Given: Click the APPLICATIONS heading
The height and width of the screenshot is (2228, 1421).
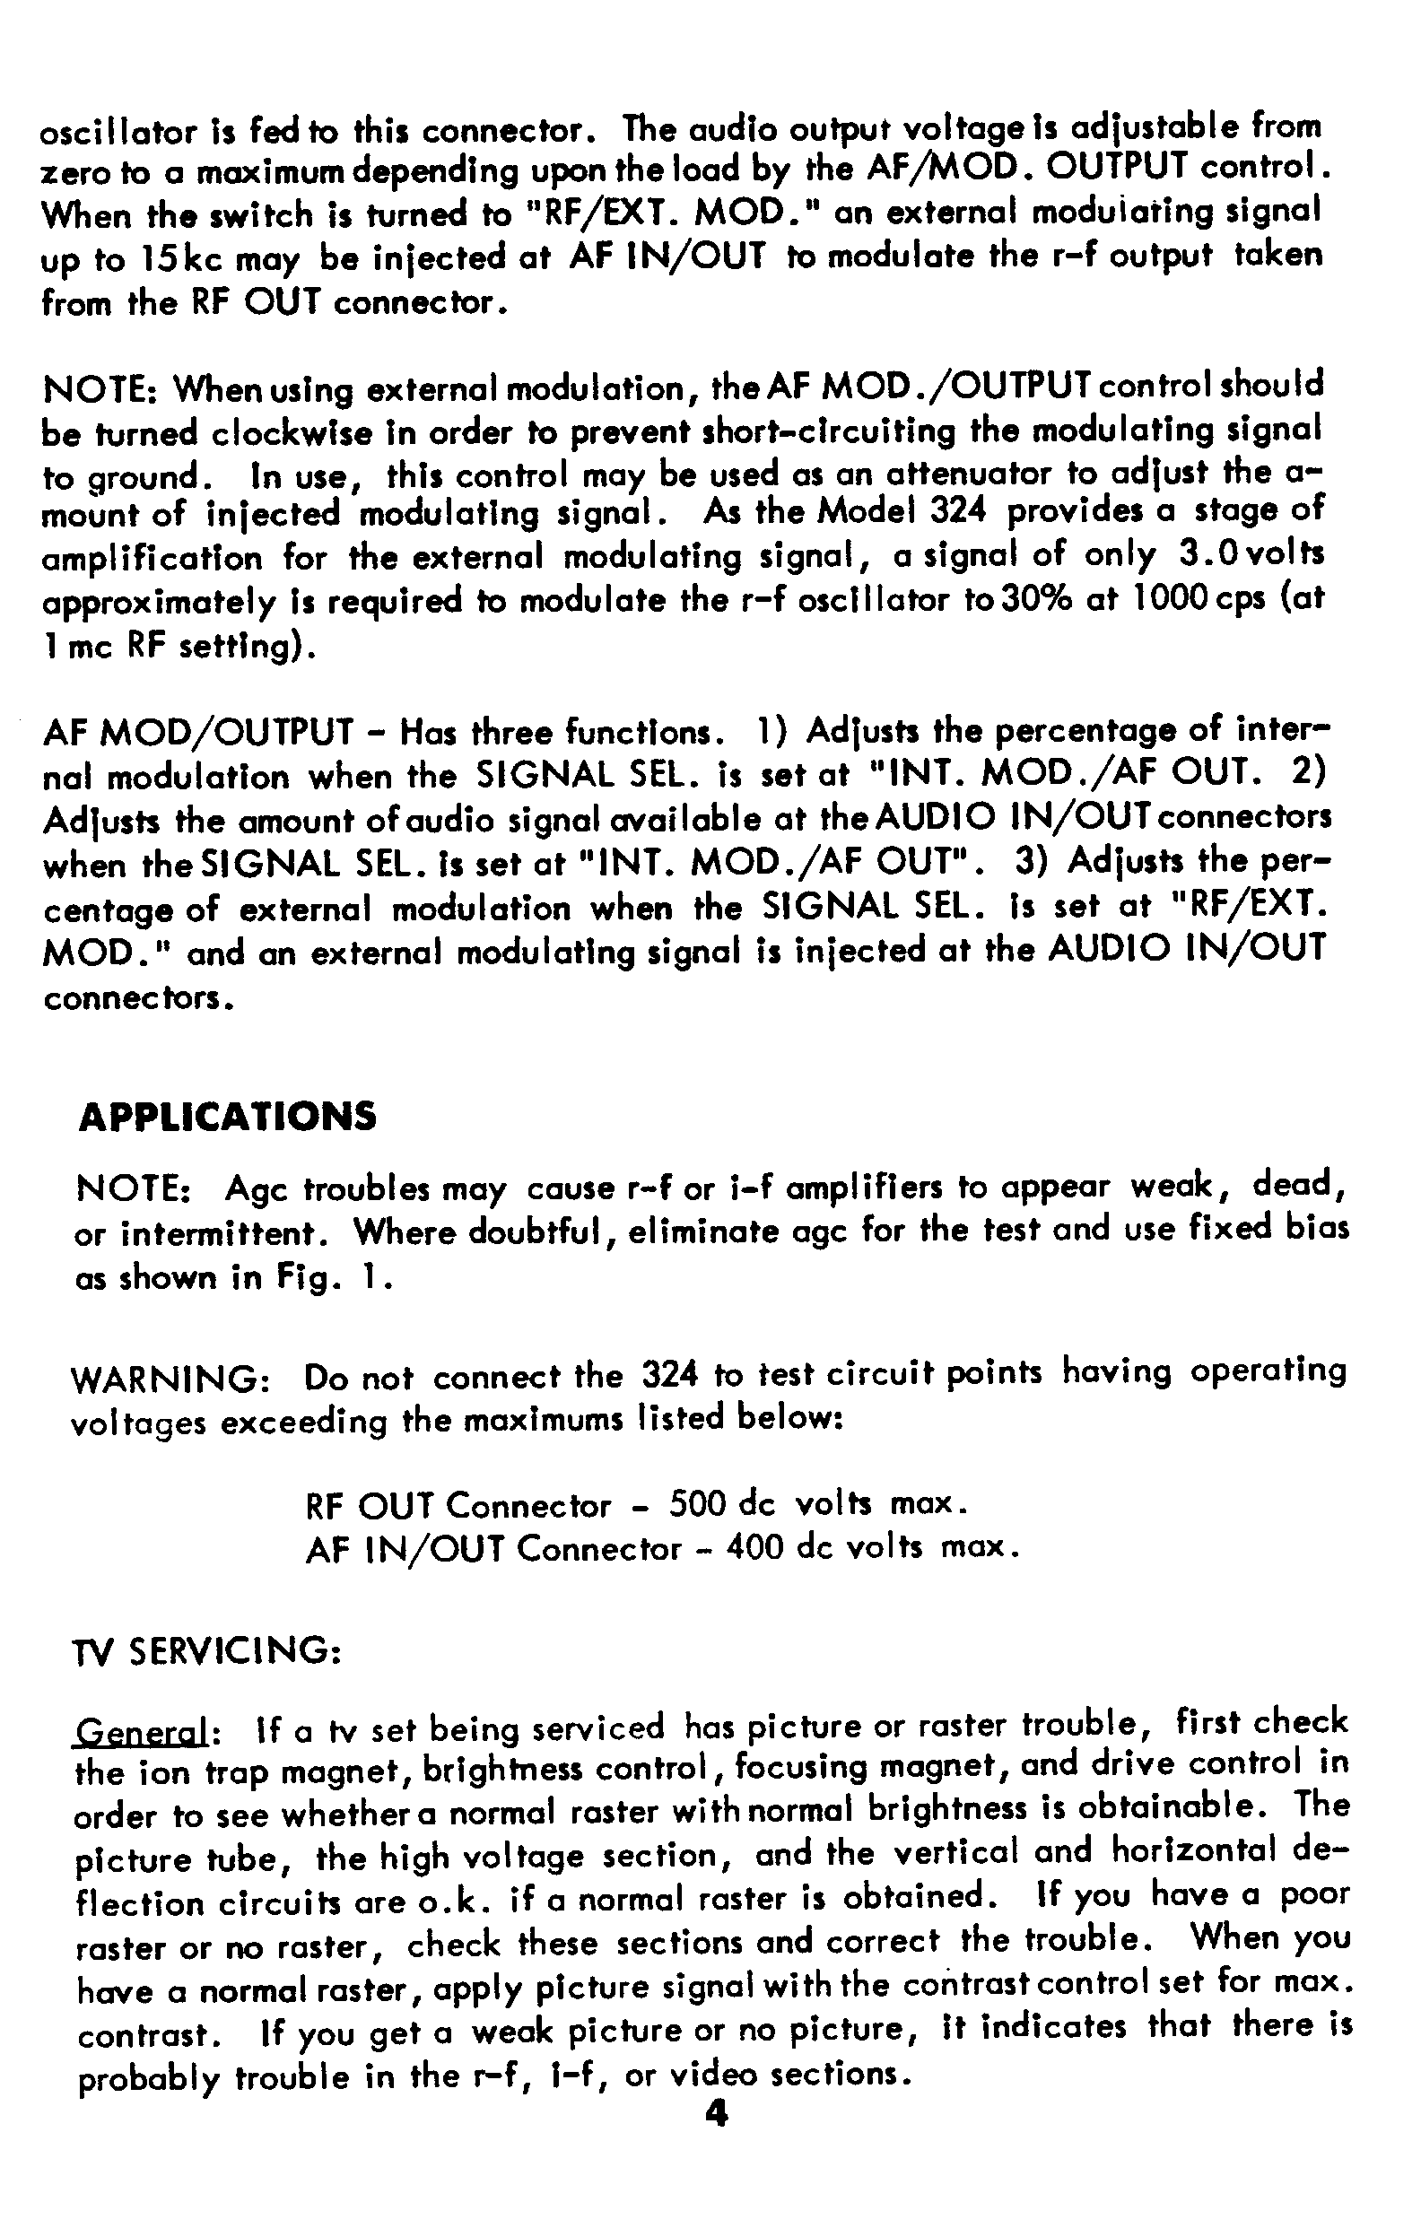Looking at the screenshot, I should [x=228, y=1116].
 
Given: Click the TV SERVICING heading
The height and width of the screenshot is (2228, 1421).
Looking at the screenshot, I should [x=207, y=1650].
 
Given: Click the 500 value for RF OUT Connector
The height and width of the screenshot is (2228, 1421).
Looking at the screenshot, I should [x=698, y=1505].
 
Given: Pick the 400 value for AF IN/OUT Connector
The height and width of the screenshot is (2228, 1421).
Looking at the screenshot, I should [x=756, y=1548].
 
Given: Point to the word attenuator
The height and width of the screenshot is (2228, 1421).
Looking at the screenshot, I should [x=969, y=475].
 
